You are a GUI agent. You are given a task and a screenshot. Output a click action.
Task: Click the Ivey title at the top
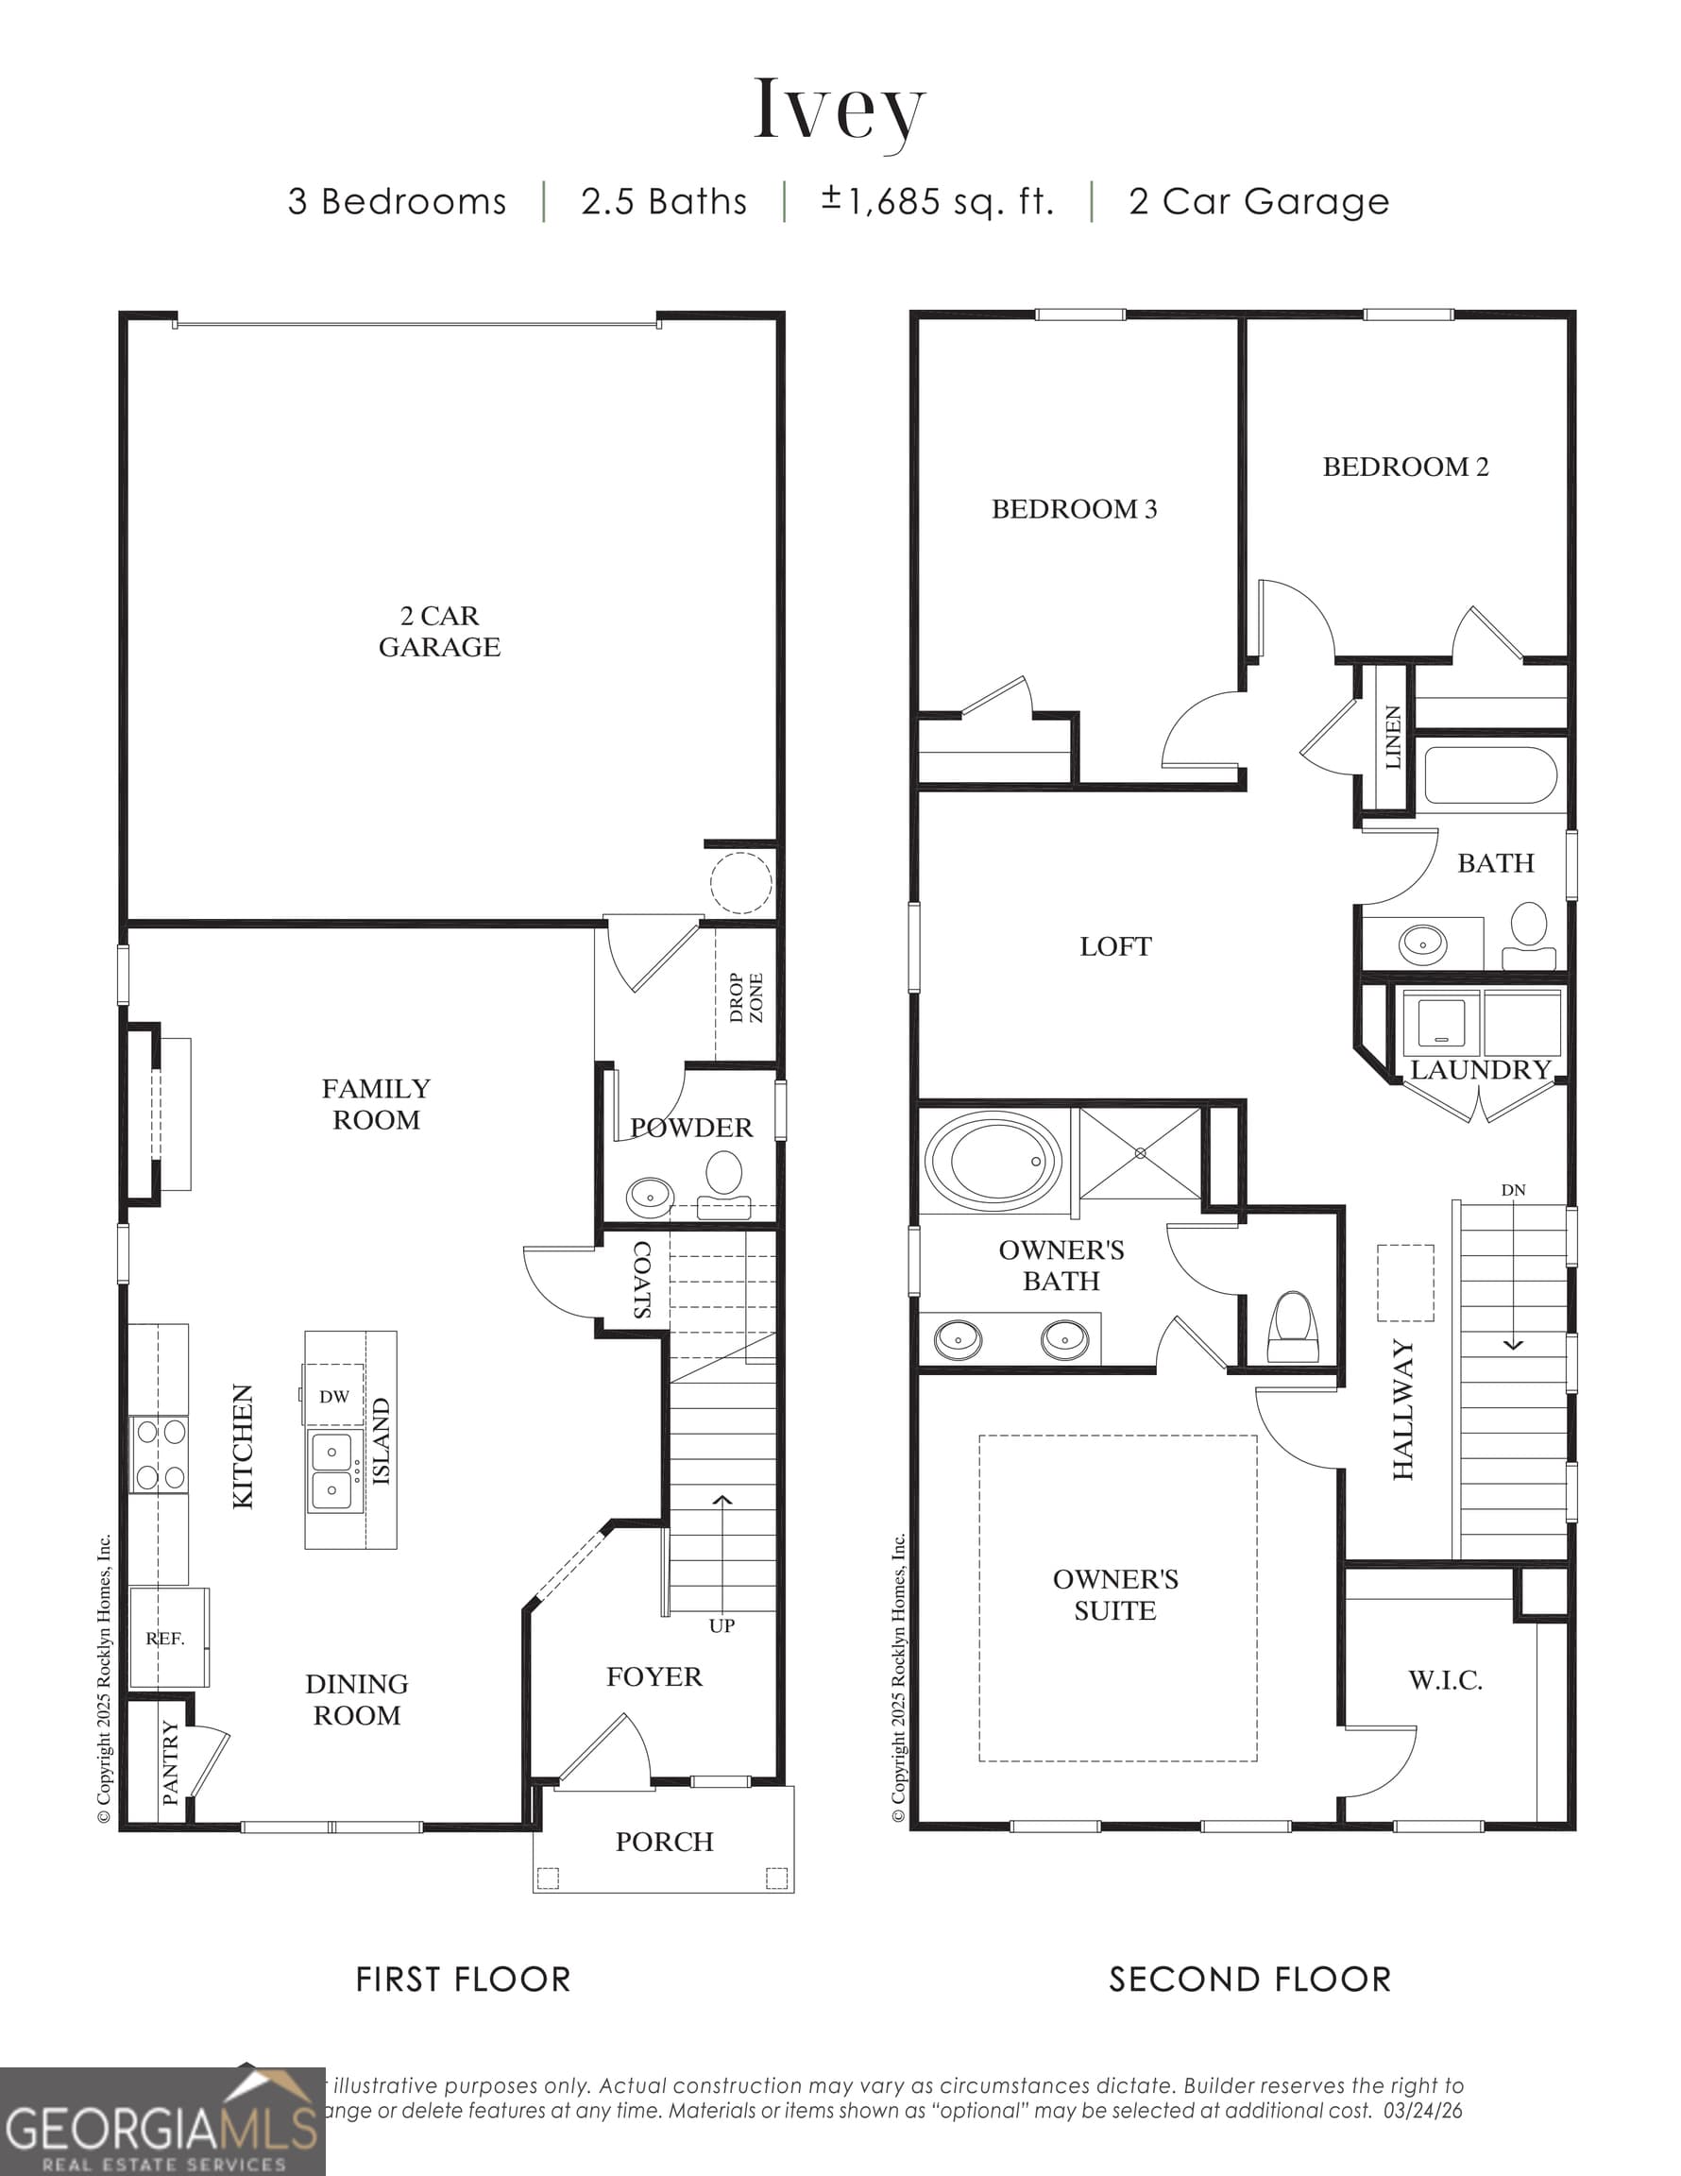point(839,110)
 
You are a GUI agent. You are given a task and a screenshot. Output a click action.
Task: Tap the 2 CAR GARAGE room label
point(439,631)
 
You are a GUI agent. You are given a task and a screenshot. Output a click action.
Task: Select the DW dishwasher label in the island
point(333,1397)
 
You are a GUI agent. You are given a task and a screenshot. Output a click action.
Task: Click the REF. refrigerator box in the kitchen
point(166,1638)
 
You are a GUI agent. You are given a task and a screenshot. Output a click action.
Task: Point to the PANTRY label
point(170,1763)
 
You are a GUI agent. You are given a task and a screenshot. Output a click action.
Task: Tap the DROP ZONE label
point(745,997)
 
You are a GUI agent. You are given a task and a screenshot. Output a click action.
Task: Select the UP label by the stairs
point(722,1626)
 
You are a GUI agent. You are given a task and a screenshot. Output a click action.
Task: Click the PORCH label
point(665,1843)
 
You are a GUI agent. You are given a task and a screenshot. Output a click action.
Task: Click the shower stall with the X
point(1140,1153)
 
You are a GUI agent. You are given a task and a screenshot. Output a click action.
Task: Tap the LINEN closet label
point(1393,738)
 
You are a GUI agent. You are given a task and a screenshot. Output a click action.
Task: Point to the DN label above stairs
point(1513,1190)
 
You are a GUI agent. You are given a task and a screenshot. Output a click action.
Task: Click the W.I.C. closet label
point(1445,1681)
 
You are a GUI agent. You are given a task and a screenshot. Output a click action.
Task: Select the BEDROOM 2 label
point(1405,467)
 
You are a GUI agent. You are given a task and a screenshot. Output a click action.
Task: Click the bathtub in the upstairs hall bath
point(1488,775)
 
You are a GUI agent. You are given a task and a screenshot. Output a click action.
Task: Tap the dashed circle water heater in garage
point(740,883)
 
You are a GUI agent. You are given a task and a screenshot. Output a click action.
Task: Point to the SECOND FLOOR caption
point(1249,1979)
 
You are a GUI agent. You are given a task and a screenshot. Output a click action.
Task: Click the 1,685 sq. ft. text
point(937,201)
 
